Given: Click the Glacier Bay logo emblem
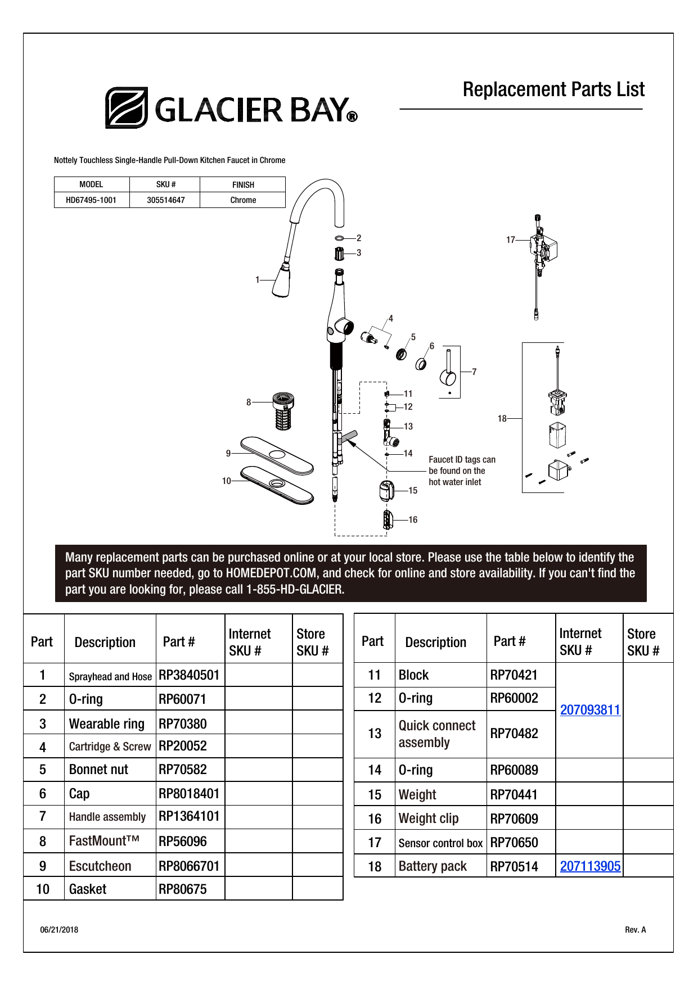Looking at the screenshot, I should [x=127, y=107].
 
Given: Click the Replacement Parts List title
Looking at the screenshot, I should [x=553, y=89].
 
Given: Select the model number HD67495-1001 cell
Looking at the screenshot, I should [x=91, y=200].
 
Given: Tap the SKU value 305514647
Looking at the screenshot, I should [x=165, y=200].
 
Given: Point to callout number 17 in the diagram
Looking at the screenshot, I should [x=510, y=240].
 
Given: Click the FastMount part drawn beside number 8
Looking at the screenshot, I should [x=283, y=411].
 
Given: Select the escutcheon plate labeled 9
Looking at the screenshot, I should [x=276, y=454].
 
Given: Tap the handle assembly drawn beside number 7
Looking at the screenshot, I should [x=448, y=372].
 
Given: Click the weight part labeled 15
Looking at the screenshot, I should [x=386, y=491].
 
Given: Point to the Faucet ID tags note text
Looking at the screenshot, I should [x=461, y=471].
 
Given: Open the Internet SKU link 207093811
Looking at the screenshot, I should [x=589, y=710].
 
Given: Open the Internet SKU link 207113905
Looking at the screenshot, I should [x=589, y=866].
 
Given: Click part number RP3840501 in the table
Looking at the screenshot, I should [x=189, y=675].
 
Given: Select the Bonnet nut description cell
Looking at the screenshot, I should [x=98, y=770].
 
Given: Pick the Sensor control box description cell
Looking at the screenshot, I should [x=440, y=843].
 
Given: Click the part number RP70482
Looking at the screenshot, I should [x=514, y=734].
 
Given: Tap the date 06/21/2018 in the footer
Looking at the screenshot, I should [x=59, y=930].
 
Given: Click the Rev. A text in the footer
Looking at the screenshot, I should [x=635, y=930].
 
